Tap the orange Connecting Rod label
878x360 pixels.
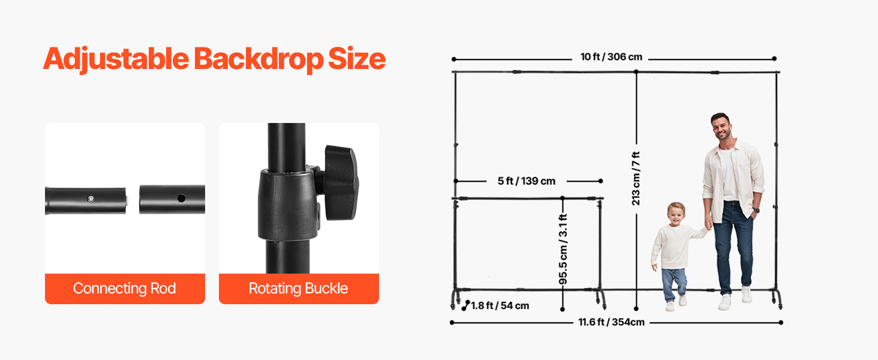click(x=125, y=289)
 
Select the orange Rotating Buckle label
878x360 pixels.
click(x=299, y=289)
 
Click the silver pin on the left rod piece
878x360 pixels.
click(x=89, y=199)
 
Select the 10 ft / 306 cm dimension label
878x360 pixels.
click(x=611, y=58)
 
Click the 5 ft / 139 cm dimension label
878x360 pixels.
click(x=527, y=181)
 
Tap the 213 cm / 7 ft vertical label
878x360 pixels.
click(x=636, y=178)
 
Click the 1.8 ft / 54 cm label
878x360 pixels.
click(x=500, y=306)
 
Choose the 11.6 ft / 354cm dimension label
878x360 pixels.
click(x=612, y=322)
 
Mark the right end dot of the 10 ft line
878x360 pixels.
click(x=774, y=59)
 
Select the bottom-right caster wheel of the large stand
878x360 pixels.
click(x=780, y=305)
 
